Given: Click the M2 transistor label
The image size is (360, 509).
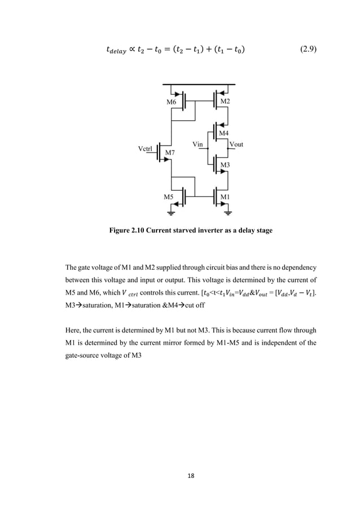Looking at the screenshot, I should coord(225,101).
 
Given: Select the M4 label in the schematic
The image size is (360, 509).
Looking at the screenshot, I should coord(224,133).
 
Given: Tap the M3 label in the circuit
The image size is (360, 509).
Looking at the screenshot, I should coord(225,165).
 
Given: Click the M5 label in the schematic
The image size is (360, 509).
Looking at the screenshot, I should coord(169,197).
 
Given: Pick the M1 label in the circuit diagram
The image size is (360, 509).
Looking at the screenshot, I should coord(225,196).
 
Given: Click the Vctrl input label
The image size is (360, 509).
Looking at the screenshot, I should coord(146,148).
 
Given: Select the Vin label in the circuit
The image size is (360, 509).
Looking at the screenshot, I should coord(197,144).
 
